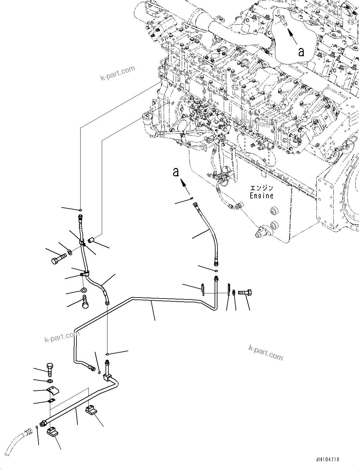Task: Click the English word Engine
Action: click(261, 196)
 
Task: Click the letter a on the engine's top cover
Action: click(301, 52)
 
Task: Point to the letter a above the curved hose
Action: click(176, 172)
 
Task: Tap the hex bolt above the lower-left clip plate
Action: click(50, 368)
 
